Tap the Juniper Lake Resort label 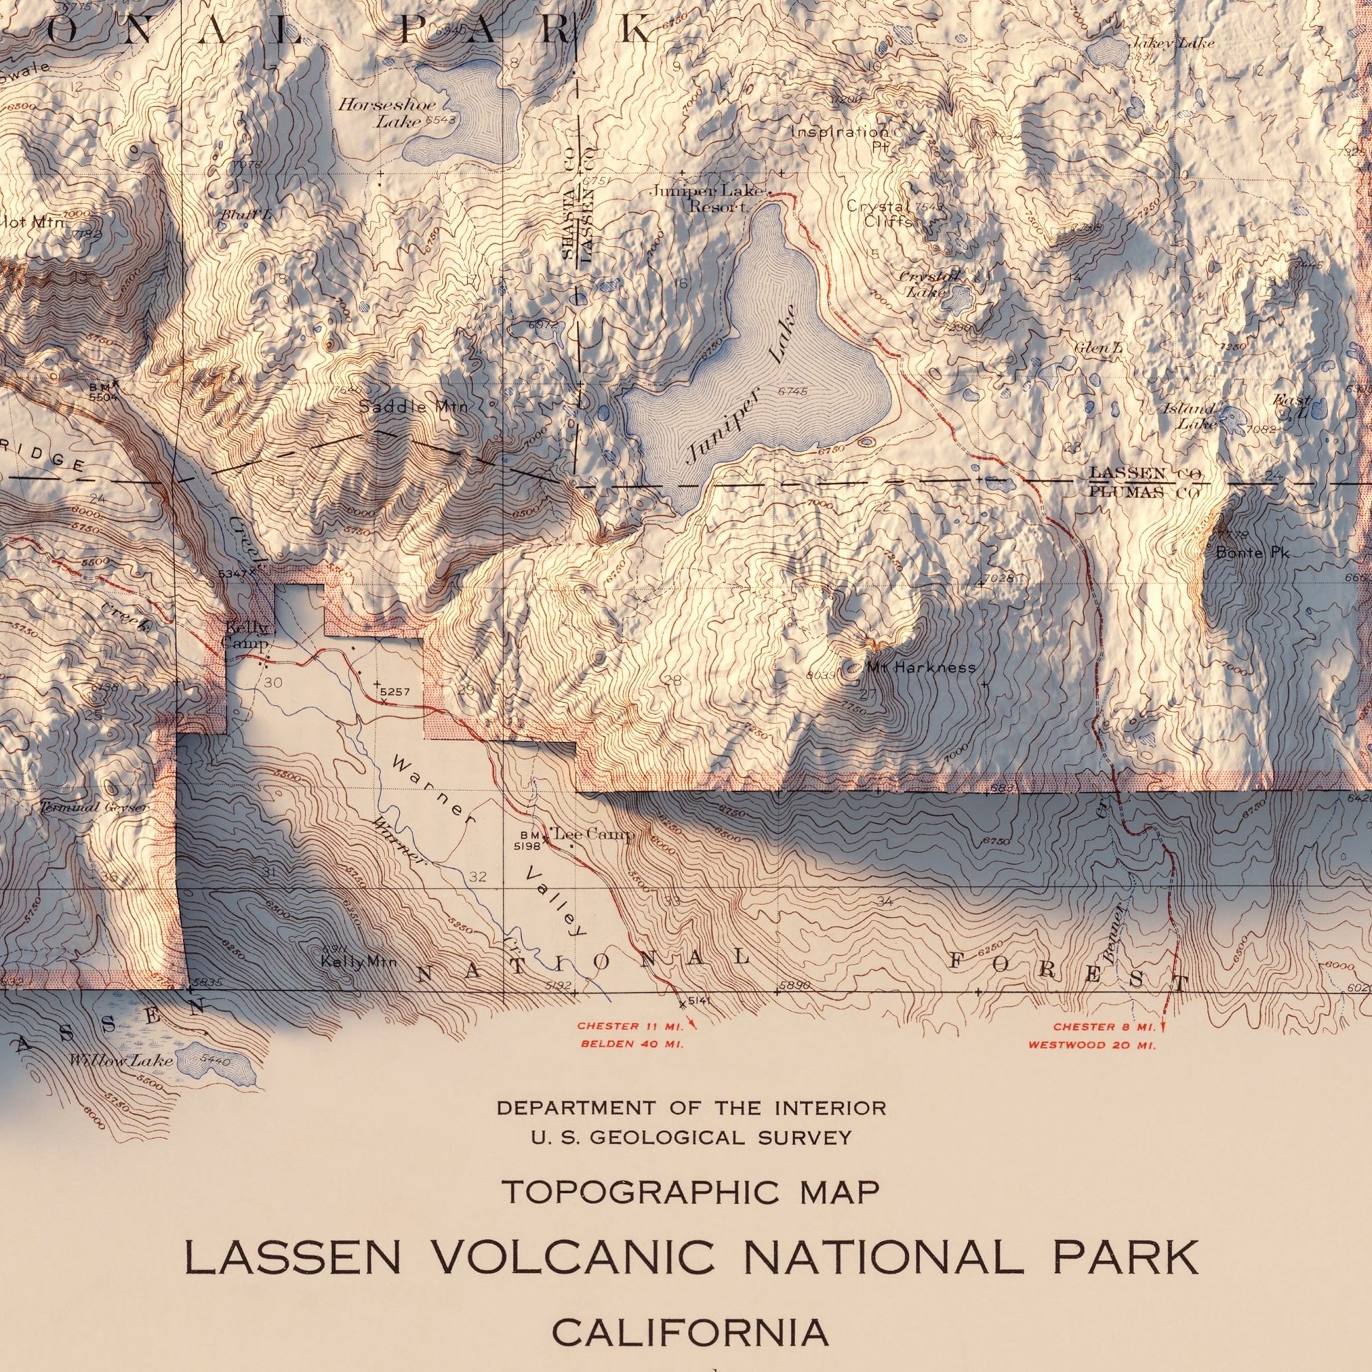coord(719,200)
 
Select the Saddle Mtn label coord(413,407)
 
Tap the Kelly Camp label coord(247,636)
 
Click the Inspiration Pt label coord(840,139)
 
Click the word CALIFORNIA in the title coord(690,1313)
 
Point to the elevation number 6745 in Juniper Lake coord(793,392)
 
